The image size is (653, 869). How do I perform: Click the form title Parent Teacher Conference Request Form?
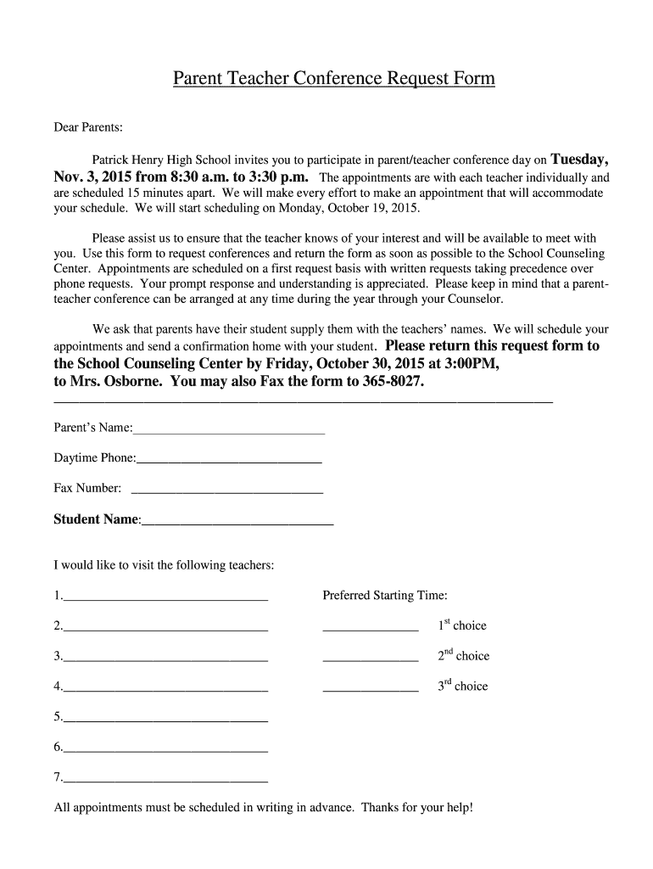[x=333, y=79]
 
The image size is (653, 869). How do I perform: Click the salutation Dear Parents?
[x=89, y=127]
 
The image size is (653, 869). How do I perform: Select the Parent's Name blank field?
[x=229, y=429]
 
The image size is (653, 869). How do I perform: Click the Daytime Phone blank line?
[x=229, y=459]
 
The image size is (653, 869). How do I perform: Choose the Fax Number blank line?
[x=227, y=490]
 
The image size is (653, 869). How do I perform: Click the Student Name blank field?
[x=237, y=520]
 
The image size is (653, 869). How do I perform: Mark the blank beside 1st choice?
[x=371, y=627]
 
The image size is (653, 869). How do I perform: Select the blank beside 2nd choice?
[x=371, y=657]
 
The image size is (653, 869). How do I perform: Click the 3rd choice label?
[x=463, y=686]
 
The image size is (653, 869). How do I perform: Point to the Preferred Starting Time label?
[x=385, y=596]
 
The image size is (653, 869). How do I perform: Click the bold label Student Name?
[x=96, y=519]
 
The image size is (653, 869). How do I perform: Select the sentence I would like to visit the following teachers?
[x=164, y=565]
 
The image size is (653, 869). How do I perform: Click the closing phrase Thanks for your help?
[x=416, y=807]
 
